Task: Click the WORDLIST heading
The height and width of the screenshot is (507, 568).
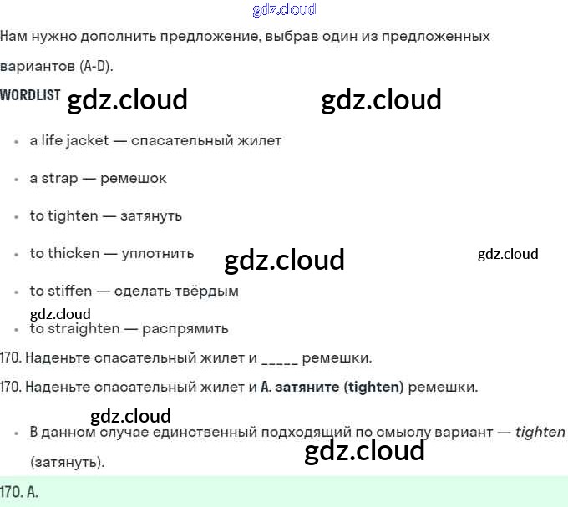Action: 30,95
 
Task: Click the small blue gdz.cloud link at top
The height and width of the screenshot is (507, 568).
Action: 284,9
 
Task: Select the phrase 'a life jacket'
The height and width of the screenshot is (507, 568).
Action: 69,140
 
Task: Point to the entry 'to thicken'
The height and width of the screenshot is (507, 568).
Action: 64,253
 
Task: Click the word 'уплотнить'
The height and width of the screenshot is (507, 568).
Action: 158,253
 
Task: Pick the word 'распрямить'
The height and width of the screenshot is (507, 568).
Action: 185,328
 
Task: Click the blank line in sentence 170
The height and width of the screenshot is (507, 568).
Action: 279,359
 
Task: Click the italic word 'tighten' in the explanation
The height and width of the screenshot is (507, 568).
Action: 540,432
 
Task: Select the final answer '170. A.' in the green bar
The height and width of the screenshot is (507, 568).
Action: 20,492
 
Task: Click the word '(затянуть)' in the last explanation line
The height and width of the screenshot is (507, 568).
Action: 68,461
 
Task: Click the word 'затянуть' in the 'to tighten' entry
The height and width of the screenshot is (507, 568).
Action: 151,215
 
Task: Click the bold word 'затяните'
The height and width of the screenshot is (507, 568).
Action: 308,388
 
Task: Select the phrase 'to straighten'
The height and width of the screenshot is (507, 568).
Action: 74,328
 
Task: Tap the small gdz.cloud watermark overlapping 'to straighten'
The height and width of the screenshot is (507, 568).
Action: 60,315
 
